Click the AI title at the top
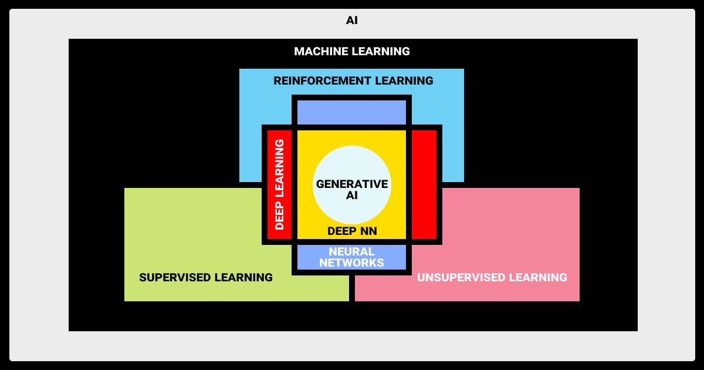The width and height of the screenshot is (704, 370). [x=352, y=21]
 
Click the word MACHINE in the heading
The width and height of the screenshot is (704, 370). [x=321, y=51]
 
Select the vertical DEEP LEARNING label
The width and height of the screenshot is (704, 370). [x=279, y=184]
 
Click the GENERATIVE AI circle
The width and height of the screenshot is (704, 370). [x=352, y=176]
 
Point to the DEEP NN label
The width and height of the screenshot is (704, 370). [x=352, y=231]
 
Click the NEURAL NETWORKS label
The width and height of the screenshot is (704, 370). [x=352, y=257]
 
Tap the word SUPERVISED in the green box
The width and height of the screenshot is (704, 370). [x=174, y=277]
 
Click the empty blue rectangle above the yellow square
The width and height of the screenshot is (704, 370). [x=352, y=112]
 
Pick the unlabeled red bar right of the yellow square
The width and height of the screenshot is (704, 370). [x=424, y=184]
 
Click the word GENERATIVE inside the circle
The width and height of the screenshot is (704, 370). [x=352, y=184]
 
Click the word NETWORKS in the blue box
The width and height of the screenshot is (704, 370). [x=352, y=263]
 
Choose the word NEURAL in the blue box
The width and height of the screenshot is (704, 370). [x=352, y=252]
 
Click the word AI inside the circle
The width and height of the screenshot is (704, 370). [x=352, y=196]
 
